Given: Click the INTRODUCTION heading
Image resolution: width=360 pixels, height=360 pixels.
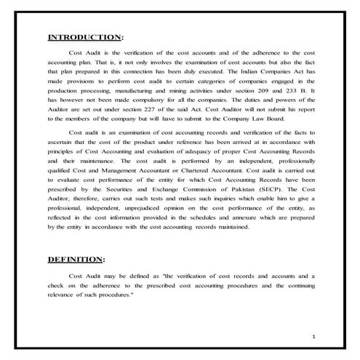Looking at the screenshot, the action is (x=84, y=37).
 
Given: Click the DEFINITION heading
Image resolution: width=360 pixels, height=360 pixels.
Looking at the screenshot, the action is (x=76, y=258).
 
